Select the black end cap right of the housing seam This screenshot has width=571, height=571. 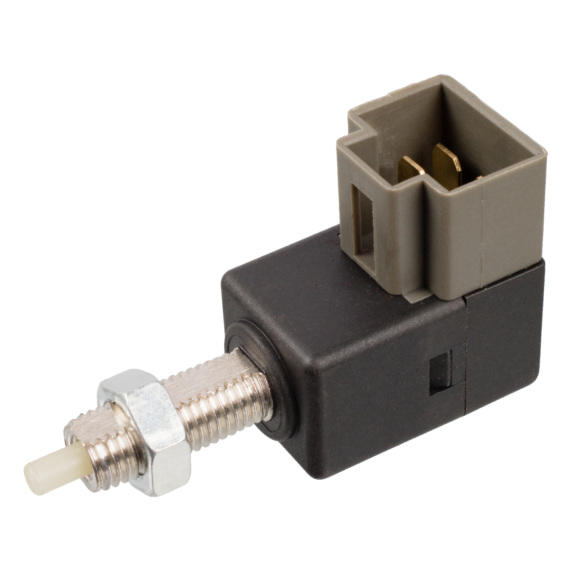point(502,343)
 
